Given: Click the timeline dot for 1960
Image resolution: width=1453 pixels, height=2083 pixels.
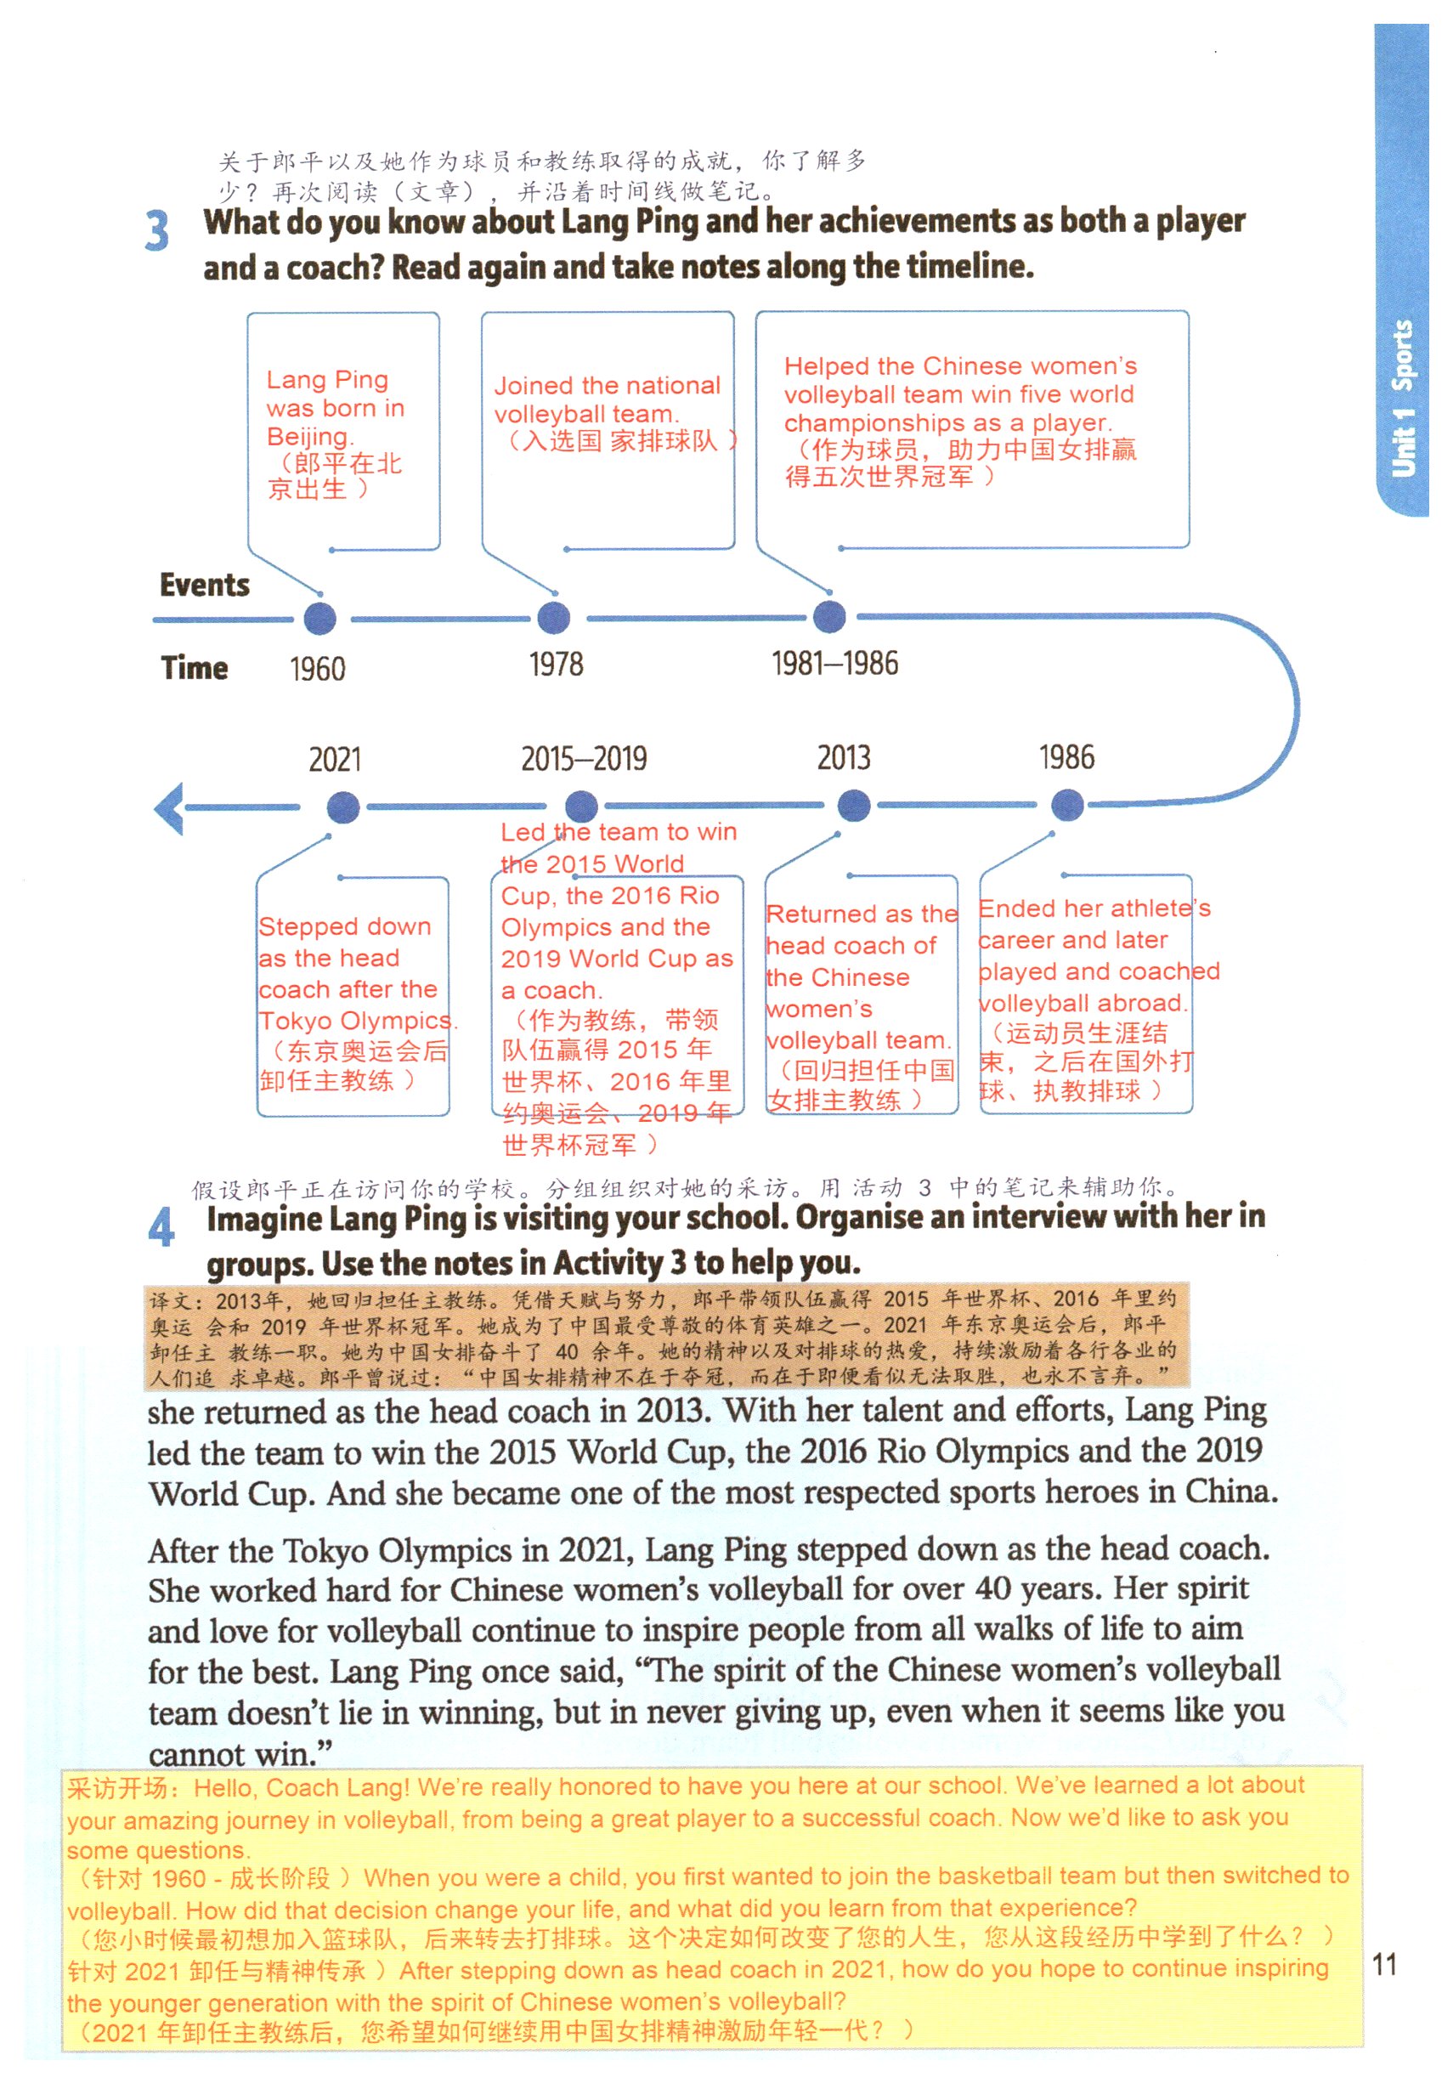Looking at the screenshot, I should (319, 620).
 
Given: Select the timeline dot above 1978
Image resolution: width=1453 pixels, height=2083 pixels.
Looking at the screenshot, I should (553, 619).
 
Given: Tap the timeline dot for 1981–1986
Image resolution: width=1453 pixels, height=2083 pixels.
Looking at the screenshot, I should (829, 617).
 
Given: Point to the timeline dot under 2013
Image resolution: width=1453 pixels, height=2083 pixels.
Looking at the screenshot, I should (853, 805).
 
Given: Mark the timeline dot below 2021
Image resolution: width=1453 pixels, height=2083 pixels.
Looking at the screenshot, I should (342, 807).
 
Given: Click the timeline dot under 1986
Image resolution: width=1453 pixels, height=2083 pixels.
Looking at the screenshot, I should (1066, 804).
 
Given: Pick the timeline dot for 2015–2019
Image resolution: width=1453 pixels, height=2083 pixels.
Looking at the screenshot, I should (581, 806).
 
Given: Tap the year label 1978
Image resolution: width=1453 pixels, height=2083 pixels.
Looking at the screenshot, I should (556, 665).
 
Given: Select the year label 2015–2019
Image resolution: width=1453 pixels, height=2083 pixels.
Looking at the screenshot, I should (584, 758).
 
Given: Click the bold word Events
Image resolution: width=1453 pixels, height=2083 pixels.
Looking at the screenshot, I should (204, 586).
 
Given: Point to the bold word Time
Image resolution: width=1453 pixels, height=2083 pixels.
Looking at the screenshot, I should (194, 668).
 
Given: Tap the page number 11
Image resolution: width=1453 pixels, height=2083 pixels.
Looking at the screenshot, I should (1384, 1965).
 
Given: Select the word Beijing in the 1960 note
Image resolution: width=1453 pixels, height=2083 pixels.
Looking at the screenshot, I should (309, 436).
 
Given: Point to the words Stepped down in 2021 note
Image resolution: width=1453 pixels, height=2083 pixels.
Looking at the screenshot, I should (345, 926).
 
